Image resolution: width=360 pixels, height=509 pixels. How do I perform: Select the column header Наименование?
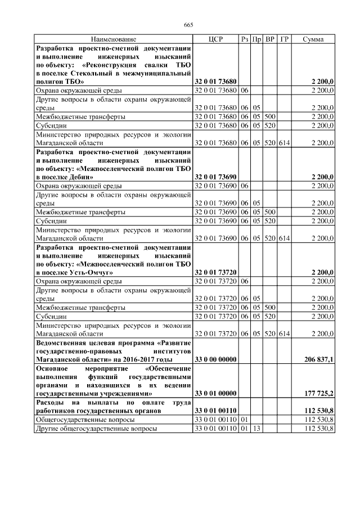click(x=114, y=39)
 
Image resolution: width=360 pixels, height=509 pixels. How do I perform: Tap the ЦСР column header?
click(x=216, y=39)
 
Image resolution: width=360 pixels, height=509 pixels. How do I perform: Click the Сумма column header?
click(x=313, y=39)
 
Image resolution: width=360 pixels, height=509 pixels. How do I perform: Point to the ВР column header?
click(x=270, y=39)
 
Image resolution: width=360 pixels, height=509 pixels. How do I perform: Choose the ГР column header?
click(x=284, y=39)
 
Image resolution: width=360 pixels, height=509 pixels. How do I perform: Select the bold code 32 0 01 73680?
click(x=216, y=82)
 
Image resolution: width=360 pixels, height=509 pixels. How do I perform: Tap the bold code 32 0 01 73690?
click(x=216, y=177)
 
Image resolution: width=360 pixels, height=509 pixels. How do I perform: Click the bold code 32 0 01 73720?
click(x=216, y=273)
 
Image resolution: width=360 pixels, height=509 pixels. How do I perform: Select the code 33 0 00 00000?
click(x=216, y=359)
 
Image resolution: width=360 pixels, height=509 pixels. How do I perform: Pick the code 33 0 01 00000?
click(x=216, y=394)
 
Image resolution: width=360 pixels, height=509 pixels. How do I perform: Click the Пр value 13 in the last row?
click(x=256, y=429)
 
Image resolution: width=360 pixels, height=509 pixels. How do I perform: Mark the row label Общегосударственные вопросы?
click(x=85, y=420)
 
